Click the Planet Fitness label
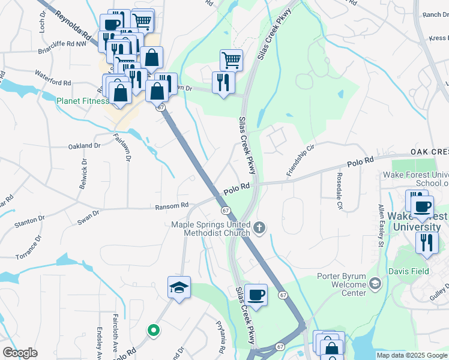click(83, 101)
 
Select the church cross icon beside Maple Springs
click(259, 227)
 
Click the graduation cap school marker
click(179, 289)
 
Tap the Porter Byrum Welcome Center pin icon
click(375, 283)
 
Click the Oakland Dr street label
click(84, 146)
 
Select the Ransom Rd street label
click(172, 206)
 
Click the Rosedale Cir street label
click(339, 193)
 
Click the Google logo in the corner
click(20, 353)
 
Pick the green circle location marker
click(154, 329)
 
